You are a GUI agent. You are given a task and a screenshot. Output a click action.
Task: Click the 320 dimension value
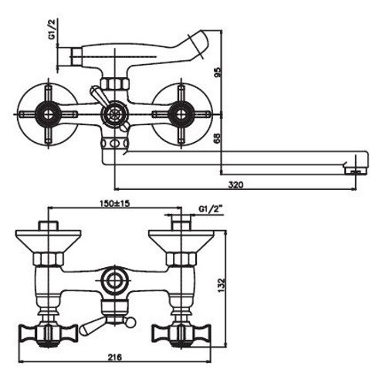235,185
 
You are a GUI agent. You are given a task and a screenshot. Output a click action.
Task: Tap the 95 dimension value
218,73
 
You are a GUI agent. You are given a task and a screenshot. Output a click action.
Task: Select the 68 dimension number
218,139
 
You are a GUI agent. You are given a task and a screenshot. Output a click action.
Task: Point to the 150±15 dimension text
114,204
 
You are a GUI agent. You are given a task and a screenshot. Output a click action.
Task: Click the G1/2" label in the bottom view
211,209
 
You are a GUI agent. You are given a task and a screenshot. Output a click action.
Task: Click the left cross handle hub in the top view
48,114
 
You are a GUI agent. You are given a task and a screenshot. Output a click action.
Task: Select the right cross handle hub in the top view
181,114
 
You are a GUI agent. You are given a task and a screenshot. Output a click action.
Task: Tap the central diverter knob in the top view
114,114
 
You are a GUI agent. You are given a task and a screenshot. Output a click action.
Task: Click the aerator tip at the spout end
356,171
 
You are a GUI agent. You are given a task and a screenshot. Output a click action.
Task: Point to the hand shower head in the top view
198,43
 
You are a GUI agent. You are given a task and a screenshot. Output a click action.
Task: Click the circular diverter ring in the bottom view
114,281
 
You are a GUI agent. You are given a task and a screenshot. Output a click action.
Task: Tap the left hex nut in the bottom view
49,259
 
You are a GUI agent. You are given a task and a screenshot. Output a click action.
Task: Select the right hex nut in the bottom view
181,259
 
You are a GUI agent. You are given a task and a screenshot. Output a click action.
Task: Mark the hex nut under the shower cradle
114,83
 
